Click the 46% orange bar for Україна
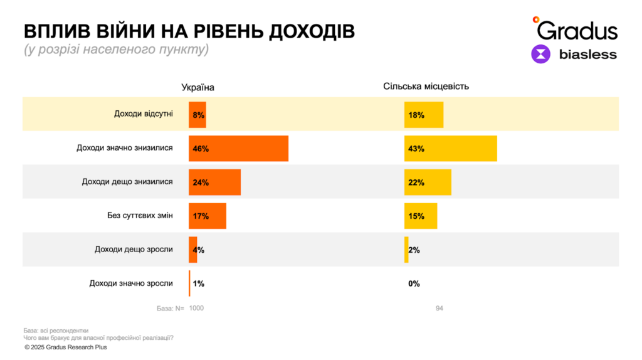238,149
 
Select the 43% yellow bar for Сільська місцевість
450,149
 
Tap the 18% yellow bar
424,115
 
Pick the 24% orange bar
214,183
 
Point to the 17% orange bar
207,216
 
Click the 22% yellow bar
428,183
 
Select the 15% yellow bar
421,216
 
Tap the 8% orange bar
197,115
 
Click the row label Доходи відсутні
143,114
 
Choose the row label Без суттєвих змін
140,216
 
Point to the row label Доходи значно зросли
131,283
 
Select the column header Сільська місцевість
426,86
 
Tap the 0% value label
414,283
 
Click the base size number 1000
196,308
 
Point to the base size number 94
439,308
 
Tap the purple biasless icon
540,54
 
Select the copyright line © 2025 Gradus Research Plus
66,347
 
